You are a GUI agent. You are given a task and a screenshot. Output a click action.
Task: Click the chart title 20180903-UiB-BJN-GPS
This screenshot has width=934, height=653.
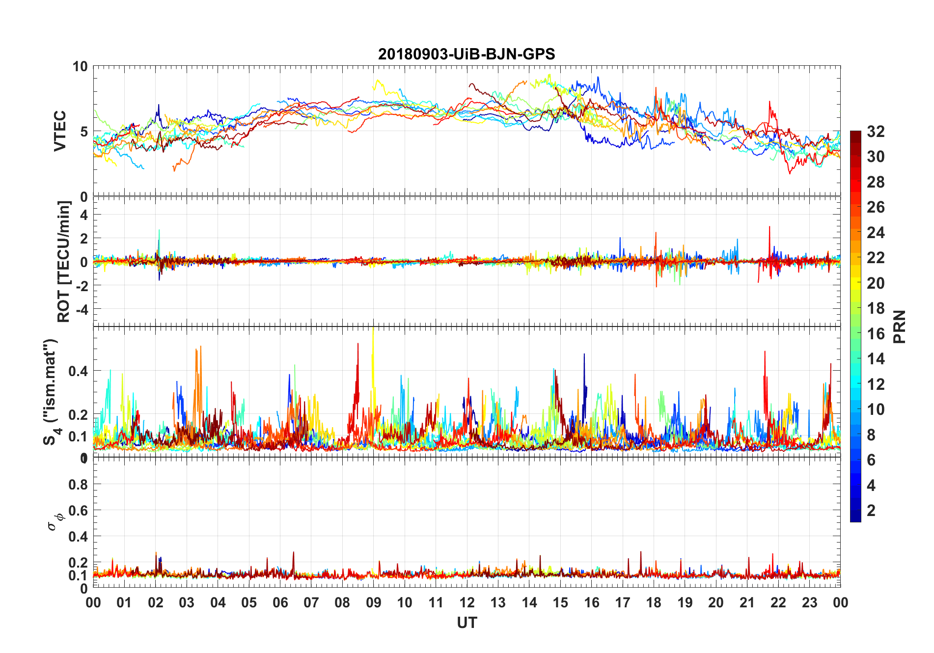(x=467, y=54)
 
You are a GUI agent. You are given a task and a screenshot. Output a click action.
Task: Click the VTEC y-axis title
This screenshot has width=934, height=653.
(x=60, y=131)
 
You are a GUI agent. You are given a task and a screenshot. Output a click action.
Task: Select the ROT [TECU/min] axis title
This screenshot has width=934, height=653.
(x=64, y=261)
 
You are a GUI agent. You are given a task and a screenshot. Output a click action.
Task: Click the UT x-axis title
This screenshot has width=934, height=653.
(x=467, y=623)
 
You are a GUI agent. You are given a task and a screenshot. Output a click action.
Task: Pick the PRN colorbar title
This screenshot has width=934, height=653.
(x=900, y=326)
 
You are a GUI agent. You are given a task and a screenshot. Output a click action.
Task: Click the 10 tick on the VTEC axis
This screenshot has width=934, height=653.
(x=80, y=66)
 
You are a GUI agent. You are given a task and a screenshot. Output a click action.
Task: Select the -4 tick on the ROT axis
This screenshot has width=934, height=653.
(x=83, y=309)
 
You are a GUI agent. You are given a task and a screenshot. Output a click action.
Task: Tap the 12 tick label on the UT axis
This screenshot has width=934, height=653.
(x=467, y=602)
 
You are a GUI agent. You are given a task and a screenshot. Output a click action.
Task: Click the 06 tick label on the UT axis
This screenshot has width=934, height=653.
(x=280, y=602)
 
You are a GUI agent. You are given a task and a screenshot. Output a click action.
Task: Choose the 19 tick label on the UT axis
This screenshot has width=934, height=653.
(x=685, y=602)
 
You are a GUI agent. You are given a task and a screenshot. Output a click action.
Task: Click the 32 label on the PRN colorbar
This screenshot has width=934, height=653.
(x=876, y=132)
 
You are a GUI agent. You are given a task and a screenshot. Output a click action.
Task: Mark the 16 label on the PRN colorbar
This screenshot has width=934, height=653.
(x=876, y=334)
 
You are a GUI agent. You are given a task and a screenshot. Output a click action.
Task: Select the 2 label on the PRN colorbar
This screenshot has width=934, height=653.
(x=871, y=511)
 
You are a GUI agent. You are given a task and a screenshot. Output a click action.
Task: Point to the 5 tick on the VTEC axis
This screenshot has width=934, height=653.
(x=84, y=132)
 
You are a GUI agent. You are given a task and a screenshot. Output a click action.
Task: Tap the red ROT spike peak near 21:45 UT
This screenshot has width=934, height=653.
(x=769, y=227)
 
